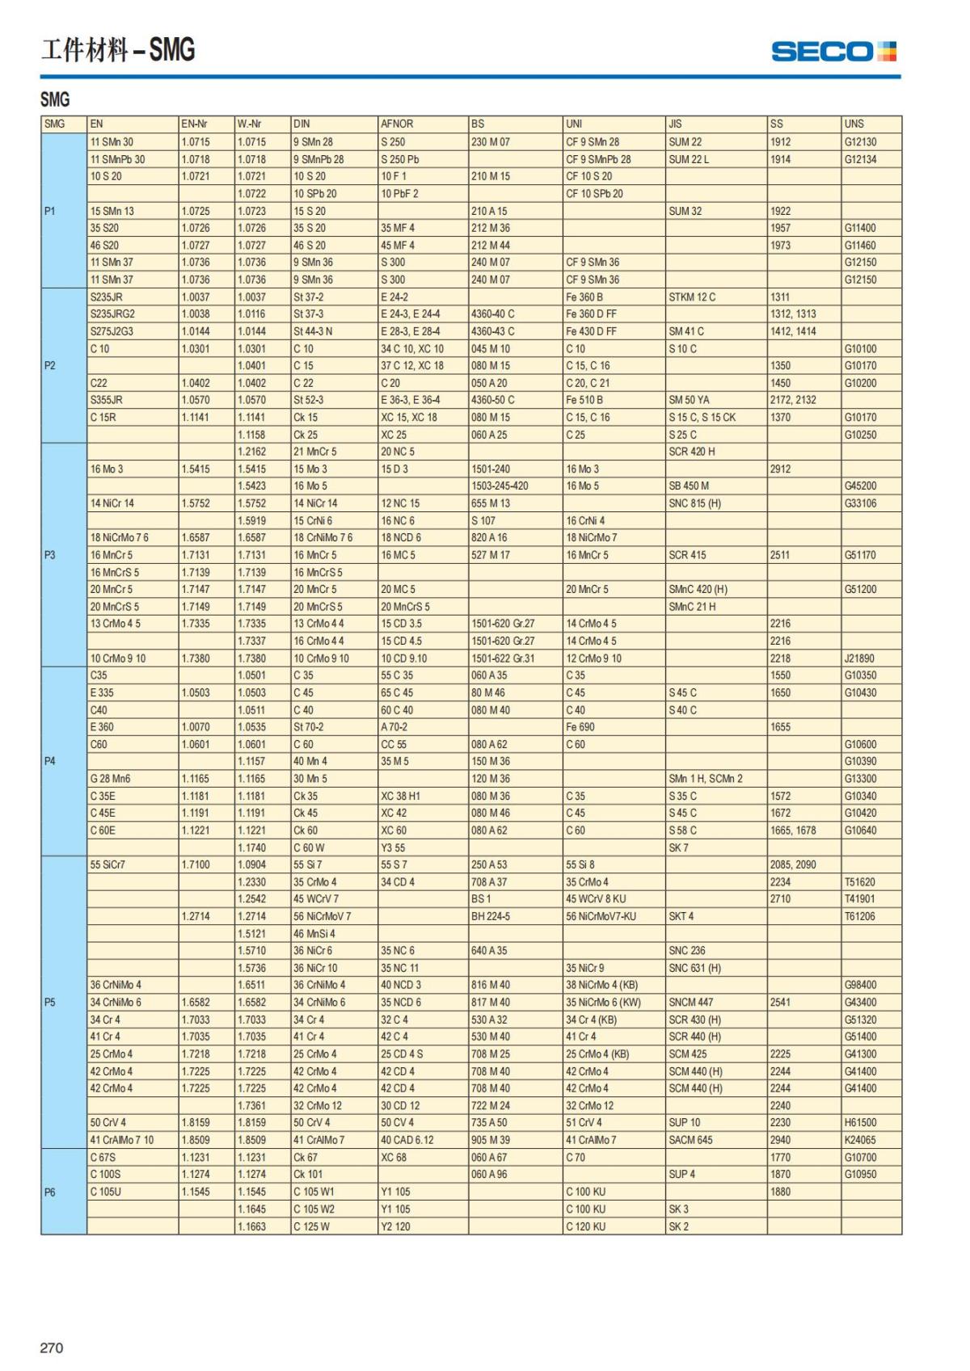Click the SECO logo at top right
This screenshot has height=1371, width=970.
click(833, 52)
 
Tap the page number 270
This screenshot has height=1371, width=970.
click(51, 1348)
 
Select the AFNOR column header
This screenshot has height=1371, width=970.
click(397, 124)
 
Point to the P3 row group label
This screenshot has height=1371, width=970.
click(49, 555)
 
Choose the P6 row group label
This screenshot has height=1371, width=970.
click(49, 1192)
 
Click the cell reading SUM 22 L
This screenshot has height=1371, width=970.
click(689, 159)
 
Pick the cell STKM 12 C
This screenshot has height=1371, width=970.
click(692, 296)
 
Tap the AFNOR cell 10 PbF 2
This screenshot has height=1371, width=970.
click(399, 193)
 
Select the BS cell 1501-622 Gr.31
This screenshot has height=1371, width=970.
click(503, 658)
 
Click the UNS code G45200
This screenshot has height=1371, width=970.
click(860, 486)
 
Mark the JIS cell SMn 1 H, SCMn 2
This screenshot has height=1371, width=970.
click(705, 779)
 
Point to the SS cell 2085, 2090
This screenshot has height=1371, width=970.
click(792, 864)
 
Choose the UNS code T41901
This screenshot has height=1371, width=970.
click(859, 898)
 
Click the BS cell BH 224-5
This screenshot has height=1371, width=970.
click(491, 916)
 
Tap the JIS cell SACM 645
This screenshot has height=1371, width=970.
click(690, 1140)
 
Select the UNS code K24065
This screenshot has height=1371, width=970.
click(859, 1140)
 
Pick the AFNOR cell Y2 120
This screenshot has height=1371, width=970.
click(395, 1226)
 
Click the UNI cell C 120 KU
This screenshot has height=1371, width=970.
click(585, 1226)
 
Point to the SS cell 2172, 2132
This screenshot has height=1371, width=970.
click(792, 400)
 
